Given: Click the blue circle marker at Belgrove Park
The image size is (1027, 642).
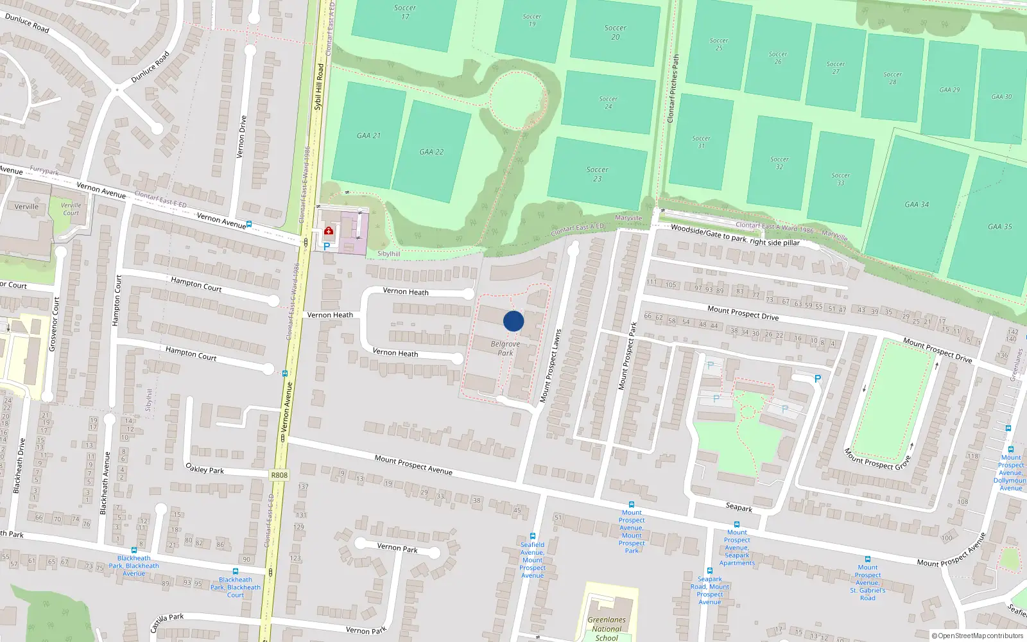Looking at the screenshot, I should (513, 321).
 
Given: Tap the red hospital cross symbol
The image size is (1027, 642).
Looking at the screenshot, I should (329, 230).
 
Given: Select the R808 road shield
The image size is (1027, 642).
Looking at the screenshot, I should (279, 475).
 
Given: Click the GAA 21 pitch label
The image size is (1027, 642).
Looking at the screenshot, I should (368, 135).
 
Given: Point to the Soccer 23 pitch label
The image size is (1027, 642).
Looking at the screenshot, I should (597, 174).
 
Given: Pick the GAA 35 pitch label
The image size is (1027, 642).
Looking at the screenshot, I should (999, 227).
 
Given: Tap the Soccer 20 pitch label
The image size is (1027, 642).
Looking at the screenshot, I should (615, 32).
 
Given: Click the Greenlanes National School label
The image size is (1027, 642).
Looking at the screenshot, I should (607, 629).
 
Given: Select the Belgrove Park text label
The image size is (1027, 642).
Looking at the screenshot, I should (505, 348).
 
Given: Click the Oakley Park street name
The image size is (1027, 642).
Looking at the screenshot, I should (205, 469).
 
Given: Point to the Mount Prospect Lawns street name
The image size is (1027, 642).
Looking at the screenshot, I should (551, 366).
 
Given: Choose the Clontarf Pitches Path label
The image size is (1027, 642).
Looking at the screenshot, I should (673, 89).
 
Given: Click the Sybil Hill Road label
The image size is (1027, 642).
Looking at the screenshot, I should (319, 87).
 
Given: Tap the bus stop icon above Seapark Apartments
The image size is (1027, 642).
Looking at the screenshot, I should (736, 525).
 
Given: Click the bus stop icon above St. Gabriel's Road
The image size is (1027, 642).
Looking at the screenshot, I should (867, 559).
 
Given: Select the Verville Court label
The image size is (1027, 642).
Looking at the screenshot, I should (71, 209).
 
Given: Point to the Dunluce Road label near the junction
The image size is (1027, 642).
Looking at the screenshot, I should (150, 67).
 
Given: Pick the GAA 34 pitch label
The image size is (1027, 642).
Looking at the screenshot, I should (917, 204).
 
